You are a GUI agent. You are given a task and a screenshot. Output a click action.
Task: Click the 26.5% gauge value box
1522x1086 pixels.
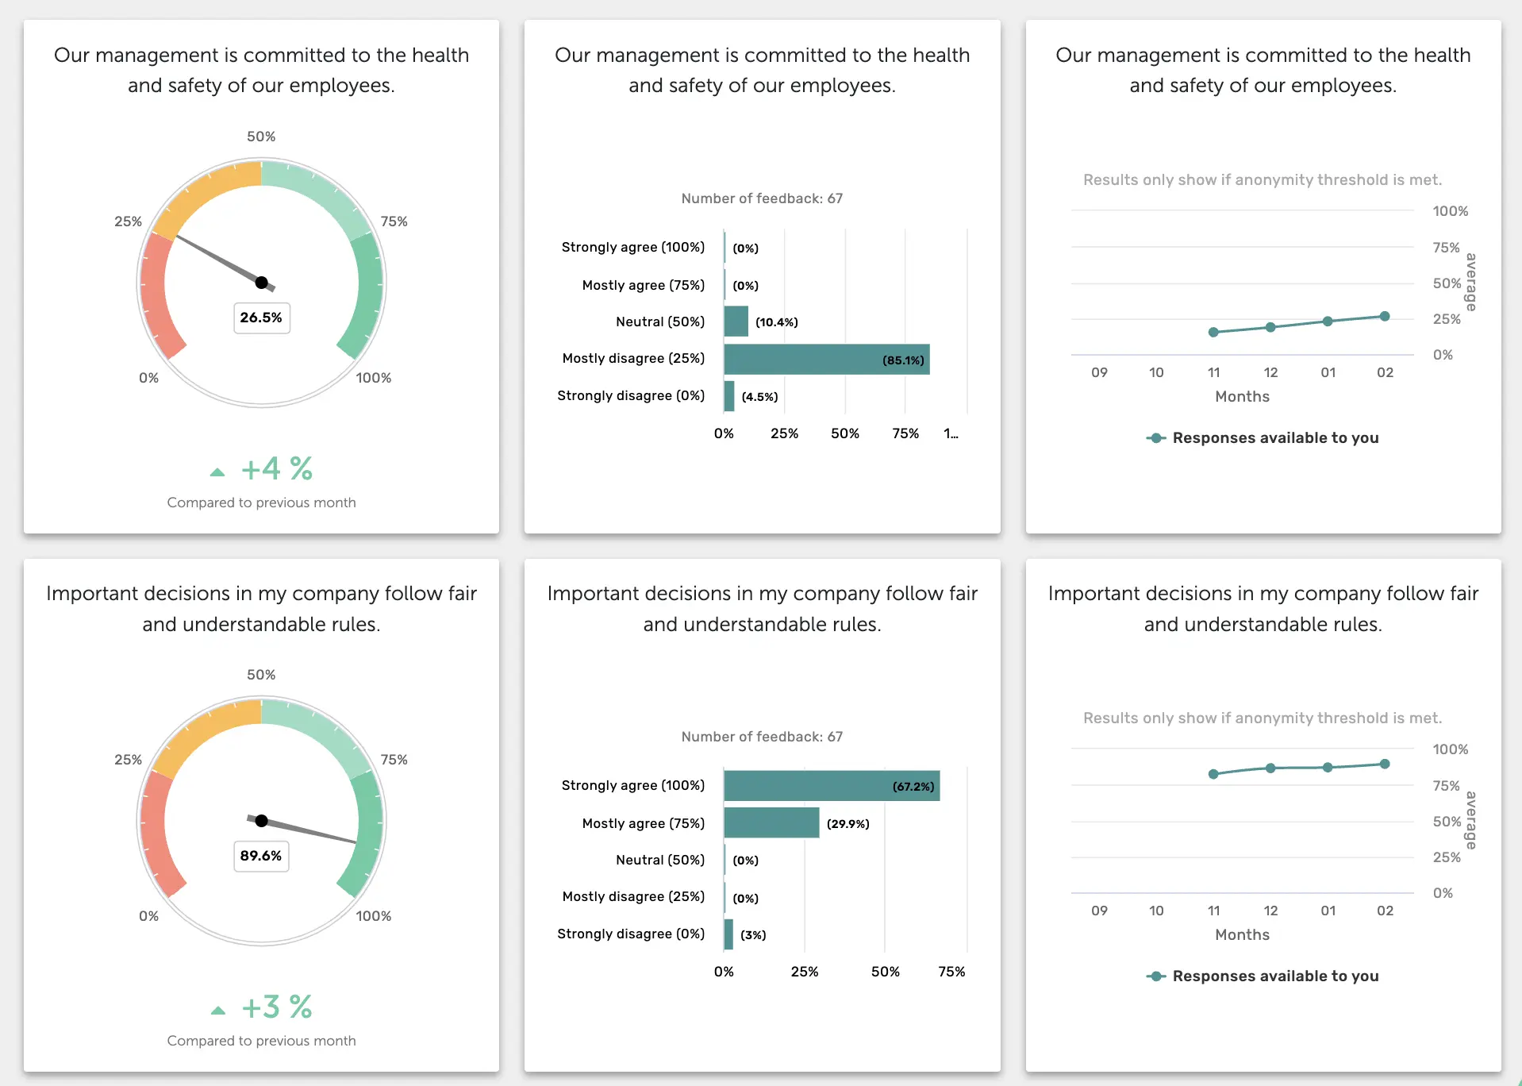[x=261, y=318]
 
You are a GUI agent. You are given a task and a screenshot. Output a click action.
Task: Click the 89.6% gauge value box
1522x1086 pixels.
[x=261, y=856]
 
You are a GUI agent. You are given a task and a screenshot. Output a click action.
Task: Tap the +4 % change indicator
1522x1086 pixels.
[x=275, y=469]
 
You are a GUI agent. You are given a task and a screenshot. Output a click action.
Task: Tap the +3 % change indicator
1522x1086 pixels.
[x=275, y=1007]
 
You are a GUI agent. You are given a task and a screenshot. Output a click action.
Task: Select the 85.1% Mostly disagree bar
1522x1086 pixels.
[x=826, y=360]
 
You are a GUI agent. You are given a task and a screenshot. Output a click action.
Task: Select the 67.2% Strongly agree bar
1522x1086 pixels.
[x=831, y=786]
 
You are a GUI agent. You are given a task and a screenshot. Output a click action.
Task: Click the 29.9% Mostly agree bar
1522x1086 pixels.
[x=771, y=823]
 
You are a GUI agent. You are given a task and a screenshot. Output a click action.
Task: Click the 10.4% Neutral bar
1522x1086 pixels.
[x=736, y=322]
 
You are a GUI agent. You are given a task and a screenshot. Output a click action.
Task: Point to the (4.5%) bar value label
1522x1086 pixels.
[x=759, y=397]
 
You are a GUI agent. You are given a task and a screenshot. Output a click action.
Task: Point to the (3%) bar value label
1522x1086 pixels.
[x=753, y=935]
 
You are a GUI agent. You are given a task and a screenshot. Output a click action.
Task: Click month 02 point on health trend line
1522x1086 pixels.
[x=1385, y=316]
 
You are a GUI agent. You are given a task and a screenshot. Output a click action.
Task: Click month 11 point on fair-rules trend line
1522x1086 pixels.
[x=1213, y=774]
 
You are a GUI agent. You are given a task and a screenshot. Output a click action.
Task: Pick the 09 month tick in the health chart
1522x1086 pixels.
[x=1099, y=372]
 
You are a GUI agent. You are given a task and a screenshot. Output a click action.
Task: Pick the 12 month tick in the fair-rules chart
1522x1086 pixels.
[x=1270, y=911]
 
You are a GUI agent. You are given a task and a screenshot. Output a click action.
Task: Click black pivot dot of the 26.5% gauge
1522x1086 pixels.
[x=261, y=282]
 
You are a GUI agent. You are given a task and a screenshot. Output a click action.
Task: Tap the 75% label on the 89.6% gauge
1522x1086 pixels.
[x=394, y=760]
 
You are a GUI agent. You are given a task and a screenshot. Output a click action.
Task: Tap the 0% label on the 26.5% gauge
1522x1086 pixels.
[x=148, y=378]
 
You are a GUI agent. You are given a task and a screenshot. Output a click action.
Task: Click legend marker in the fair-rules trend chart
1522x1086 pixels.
[x=1156, y=976]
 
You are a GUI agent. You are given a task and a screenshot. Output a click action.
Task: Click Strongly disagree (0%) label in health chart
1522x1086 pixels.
[x=631, y=395]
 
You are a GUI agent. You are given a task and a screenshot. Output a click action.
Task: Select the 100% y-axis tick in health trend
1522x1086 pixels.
[x=1450, y=211]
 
